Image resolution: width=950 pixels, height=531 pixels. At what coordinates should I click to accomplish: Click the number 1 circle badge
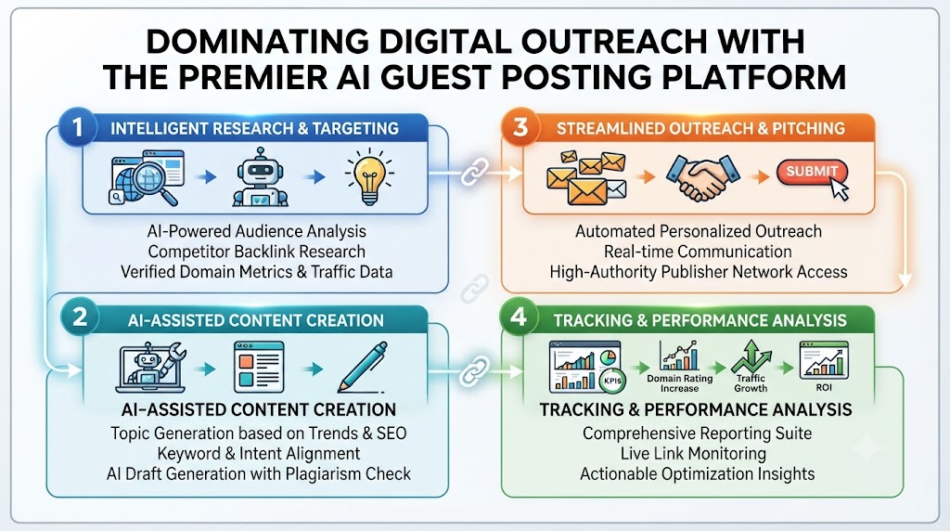point(78,127)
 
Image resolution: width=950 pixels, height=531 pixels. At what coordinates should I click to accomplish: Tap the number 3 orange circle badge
point(520,127)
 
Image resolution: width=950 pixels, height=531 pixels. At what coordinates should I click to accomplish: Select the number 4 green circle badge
point(519,317)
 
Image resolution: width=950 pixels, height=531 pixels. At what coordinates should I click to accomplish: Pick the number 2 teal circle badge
point(80,317)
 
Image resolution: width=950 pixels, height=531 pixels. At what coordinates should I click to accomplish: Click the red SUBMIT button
point(811,172)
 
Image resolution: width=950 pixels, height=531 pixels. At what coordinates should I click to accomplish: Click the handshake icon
point(703,176)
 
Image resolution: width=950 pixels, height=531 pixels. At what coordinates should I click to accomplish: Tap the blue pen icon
point(363,367)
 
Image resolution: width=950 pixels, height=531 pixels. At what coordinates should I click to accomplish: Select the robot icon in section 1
point(261,176)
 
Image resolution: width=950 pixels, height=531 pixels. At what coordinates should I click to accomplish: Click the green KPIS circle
point(612,381)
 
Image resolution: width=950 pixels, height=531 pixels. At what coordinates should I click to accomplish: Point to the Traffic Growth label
point(751,383)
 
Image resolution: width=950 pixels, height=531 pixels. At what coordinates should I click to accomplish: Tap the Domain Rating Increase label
point(680,383)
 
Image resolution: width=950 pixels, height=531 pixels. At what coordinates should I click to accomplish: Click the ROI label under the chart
point(824,387)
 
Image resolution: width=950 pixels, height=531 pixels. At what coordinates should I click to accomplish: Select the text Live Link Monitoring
point(693,453)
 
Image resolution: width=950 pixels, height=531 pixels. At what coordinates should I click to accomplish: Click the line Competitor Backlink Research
point(256,252)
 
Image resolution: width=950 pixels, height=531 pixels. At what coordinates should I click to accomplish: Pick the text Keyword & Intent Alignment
point(259,453)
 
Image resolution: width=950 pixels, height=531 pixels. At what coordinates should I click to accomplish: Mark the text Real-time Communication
point(698,252)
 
